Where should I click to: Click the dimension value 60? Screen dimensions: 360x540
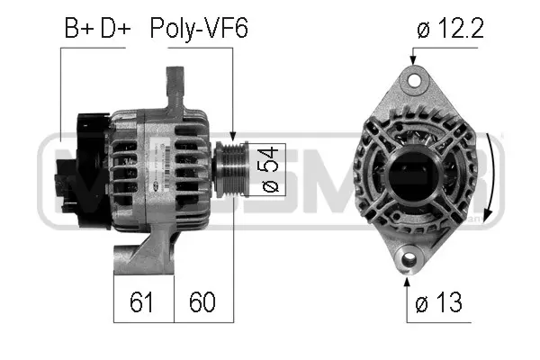(x=202, y=300)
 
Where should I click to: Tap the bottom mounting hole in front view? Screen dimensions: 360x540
(x=409, y=260)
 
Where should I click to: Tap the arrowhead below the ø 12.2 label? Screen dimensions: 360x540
(x=414, y=60)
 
